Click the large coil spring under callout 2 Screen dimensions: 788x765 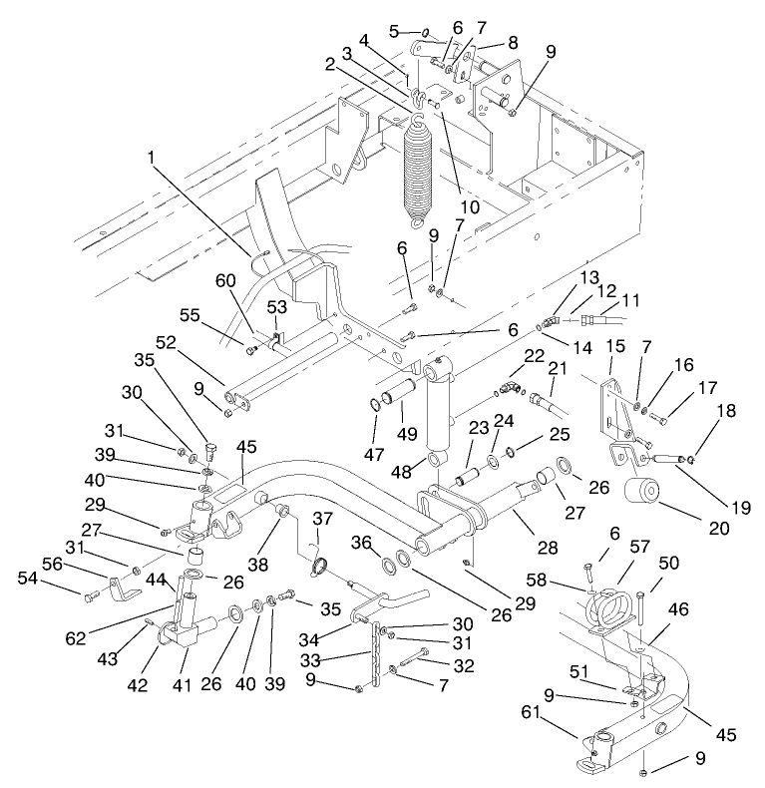pyautogui.click(x=419, y=165)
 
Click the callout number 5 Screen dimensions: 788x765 pyautogui.click(x=394, y=31)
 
